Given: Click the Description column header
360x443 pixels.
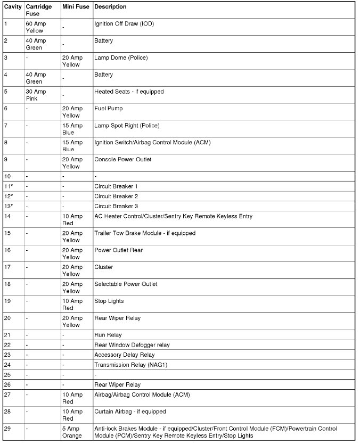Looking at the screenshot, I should [110, 7].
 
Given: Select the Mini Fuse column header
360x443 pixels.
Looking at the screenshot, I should [76, 7].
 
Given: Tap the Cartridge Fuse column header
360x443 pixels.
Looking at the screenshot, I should [39, 10].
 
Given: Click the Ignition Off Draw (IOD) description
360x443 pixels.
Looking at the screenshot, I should [124, 24].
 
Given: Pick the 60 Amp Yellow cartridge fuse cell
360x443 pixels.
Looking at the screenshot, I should [36, 27].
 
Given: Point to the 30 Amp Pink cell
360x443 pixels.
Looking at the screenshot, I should [36, 95].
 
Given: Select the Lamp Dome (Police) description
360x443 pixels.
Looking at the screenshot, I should [121, 58].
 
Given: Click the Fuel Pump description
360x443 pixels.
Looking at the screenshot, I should [108, 109].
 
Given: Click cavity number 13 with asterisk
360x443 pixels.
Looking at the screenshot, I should [8, 206].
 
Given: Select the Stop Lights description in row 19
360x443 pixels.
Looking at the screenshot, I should [109, 301].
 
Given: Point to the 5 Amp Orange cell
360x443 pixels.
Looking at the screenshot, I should [72, 432].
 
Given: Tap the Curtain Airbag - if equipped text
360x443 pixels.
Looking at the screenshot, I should [130, 412].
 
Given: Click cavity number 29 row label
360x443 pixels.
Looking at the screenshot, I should [7, 429].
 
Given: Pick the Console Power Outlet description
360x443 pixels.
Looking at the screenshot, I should [122, 159].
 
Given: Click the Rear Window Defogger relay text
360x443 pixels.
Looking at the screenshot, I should [132, 345].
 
